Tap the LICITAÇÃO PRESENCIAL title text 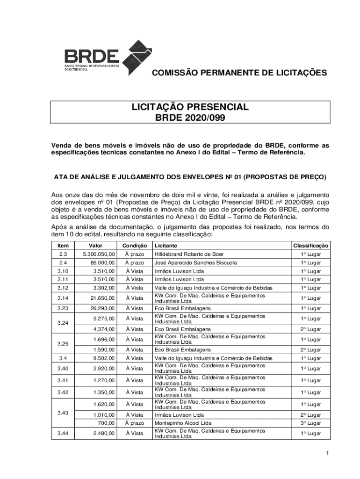coord(190,107)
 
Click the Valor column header coord(96,246)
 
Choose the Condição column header coord(135,246)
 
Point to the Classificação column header coord(310,246)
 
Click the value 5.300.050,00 coord(99,254)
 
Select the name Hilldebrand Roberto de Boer coord(189,254)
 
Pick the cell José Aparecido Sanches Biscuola coord(195,263)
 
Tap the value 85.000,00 coord(102,263)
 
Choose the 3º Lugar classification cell coord(310,423)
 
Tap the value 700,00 coord(106,423)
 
